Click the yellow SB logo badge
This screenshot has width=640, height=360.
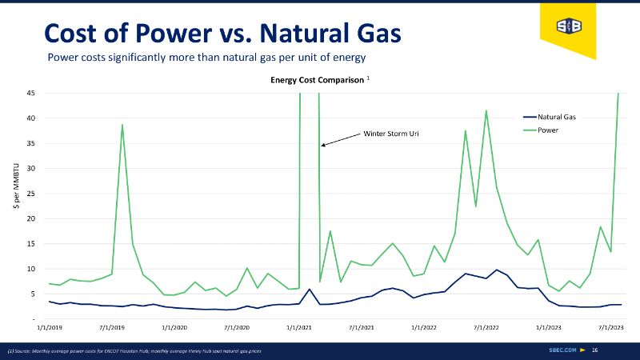[569, 26]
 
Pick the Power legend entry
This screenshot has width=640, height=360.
[548, 130]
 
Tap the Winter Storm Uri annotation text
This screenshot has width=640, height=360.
[391, 133]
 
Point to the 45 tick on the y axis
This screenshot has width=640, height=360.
[30, 93]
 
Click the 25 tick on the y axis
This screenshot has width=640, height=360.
[30, 194]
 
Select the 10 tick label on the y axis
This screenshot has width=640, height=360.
[30, 269]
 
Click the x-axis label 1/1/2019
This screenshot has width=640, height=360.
[50, 327]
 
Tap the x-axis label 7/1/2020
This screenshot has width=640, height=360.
[236, 327]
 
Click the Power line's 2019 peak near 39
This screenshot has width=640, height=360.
[122, 125]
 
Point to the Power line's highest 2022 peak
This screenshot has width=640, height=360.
[486, 111]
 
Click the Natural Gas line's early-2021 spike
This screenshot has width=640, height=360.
[309, 290]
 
